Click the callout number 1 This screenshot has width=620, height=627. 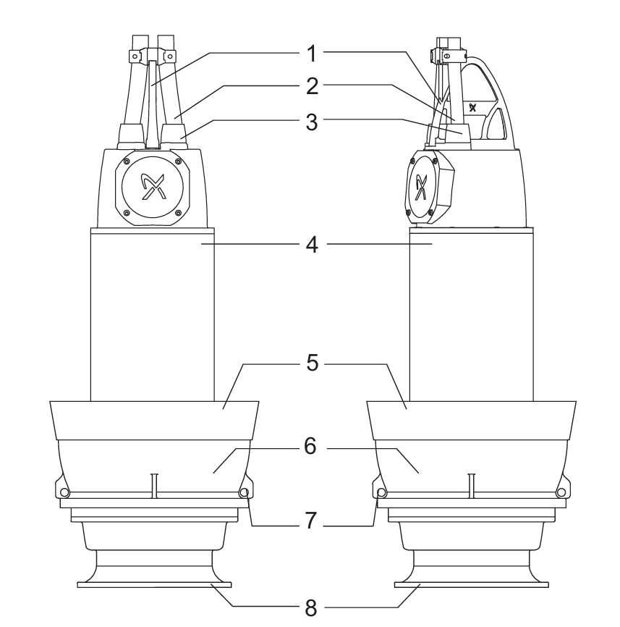point(312,54)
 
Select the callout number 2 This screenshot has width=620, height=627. point(312,86)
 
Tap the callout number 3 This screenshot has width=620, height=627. point(312,122)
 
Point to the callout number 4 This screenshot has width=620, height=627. point(312,245)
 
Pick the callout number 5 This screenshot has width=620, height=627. point(313,363)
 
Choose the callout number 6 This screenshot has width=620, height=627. point(310,446)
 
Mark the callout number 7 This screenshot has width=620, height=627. point(312,521)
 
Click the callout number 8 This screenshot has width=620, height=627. point(311,608)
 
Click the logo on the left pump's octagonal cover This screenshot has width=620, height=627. point(152,186)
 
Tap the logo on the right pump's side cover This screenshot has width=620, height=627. point(420,187)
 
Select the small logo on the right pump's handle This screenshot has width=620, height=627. point(473,107)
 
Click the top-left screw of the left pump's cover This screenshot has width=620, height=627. point(127,161)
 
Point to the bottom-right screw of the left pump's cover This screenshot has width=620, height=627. point(179,212)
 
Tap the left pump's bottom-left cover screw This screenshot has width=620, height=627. point(127,212)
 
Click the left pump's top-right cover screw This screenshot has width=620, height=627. point(179,161)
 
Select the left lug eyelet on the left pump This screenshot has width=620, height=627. point(62,492)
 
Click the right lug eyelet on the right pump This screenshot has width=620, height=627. point(561,492)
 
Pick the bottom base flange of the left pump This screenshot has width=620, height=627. point(154,584)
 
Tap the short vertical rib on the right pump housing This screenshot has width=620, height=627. point(472,486)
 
